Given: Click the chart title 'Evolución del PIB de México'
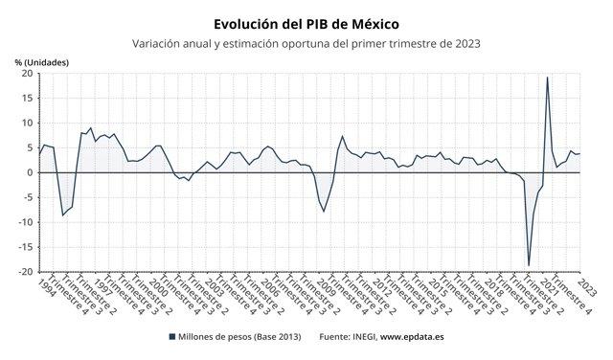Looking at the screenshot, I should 306,22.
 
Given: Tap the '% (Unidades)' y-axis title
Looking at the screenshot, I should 42,62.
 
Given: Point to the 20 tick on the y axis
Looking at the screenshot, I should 28,73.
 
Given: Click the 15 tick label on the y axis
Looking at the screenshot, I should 28,98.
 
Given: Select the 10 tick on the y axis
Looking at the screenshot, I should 28,123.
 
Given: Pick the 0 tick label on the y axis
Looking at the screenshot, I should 31,172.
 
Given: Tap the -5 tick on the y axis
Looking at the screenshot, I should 29,197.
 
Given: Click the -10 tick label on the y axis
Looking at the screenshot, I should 27,222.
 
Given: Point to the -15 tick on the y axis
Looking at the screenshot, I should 27,247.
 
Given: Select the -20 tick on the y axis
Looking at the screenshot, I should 27,272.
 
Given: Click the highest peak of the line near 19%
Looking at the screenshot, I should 547,78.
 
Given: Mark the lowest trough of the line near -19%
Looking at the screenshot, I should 529,265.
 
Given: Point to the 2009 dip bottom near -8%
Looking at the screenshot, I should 325,212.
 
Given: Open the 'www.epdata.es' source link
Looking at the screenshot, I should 420,337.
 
